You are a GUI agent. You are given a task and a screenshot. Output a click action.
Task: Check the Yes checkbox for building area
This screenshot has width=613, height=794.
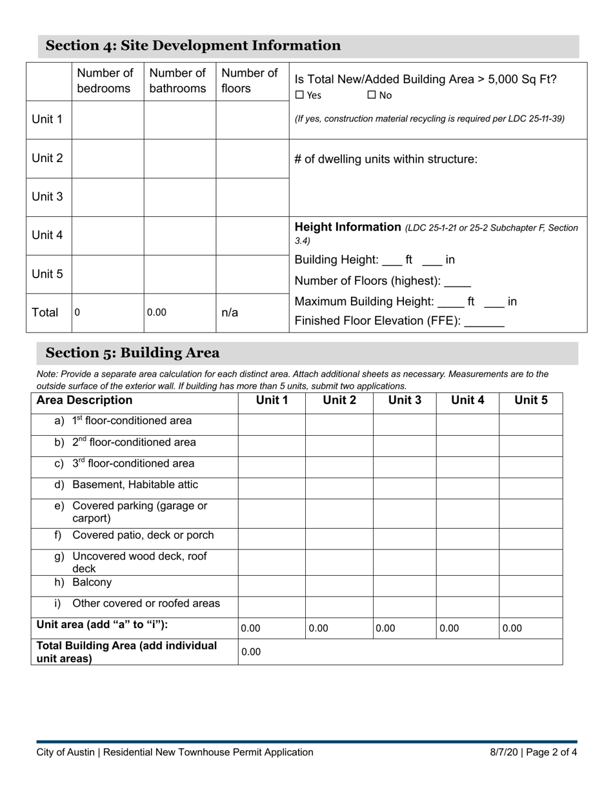click(x=299, y=96)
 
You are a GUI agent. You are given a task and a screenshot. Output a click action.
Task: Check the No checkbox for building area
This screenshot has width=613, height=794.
click(x=372, y=96)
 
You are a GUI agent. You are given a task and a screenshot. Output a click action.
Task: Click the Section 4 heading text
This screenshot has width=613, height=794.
click(x=193, y=46)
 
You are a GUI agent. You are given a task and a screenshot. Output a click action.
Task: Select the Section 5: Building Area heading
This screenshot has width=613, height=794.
click(x=132, y=353)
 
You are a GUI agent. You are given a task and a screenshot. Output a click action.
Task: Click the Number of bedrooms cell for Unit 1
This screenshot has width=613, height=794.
click(x=108, y=120)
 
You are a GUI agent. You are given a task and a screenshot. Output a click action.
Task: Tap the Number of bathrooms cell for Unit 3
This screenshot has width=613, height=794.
click(x=179, y=197)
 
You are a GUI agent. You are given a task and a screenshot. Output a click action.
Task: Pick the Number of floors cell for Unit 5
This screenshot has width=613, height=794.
click(x=252, y=274)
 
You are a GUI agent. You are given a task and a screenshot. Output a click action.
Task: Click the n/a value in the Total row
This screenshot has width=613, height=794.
click(x=230, y=313)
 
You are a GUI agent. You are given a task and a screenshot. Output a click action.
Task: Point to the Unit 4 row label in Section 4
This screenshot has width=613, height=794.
click(x=48, y=236)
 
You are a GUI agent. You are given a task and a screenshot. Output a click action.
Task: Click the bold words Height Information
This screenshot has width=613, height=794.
click(x=348, y=227)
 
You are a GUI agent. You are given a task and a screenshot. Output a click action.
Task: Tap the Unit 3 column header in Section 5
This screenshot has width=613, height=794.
click(x=404, y=400)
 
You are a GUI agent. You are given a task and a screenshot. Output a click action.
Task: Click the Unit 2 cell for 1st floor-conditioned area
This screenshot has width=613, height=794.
click(x=339, y=424)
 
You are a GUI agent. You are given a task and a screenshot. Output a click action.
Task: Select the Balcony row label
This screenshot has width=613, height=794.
click(x=92, y=583)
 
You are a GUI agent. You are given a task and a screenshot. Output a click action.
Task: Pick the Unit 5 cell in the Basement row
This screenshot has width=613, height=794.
click(x=530, y=488)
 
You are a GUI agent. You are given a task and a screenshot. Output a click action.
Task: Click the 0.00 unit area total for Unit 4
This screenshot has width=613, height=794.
click(x=449, y=629)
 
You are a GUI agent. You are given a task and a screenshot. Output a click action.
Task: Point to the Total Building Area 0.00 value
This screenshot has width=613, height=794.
click(x=251, y=652)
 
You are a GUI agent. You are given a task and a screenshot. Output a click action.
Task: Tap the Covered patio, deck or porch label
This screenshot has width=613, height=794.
click(x=143, y=536)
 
